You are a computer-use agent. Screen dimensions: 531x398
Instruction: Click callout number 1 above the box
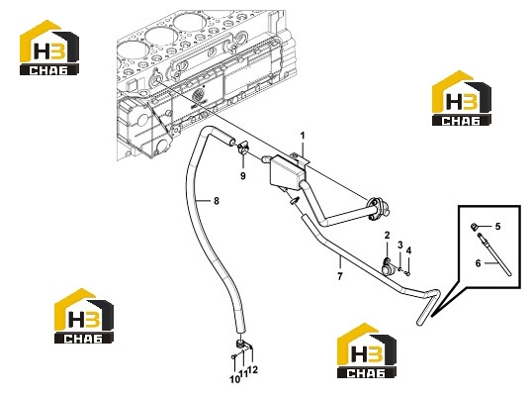(x=303, y=136)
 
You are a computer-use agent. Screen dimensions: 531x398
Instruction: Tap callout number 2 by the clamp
(x=387, y=235)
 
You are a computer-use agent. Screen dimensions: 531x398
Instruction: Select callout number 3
(x=400, y=245)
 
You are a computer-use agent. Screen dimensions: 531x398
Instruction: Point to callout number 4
(x=408, y=250)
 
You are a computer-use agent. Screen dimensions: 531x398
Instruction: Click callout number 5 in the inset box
(x=497, y=226)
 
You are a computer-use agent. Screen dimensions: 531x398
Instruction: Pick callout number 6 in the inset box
(x=479, y=263)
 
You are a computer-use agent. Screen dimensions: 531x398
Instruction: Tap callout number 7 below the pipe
(x=340, y=276)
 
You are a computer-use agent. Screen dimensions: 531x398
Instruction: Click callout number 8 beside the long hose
(x=217, y=201)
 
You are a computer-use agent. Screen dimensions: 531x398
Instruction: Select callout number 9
(x=243, y=176)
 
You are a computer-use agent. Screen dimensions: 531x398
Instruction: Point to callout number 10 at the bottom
(x=234, y=379)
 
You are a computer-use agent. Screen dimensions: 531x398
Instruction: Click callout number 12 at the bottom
(x=253, y=370)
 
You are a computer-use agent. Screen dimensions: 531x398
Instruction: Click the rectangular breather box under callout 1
(x=287, y=171)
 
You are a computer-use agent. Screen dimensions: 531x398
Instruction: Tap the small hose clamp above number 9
(x=243, y=148)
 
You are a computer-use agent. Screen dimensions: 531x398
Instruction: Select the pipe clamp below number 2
(x=387, y=265)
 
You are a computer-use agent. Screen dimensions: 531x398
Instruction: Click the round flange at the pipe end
(x=378, y=207)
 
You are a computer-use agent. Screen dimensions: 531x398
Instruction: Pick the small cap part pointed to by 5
(x=474, y=226)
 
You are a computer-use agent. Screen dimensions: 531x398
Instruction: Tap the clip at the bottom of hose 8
(x=243, y=346)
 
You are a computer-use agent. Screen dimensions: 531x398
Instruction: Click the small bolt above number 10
(x=233, y=356)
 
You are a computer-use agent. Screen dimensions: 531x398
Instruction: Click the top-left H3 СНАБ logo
(x=49, y=48)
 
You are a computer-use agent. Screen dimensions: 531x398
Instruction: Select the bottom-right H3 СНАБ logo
(x=367, y=350)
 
